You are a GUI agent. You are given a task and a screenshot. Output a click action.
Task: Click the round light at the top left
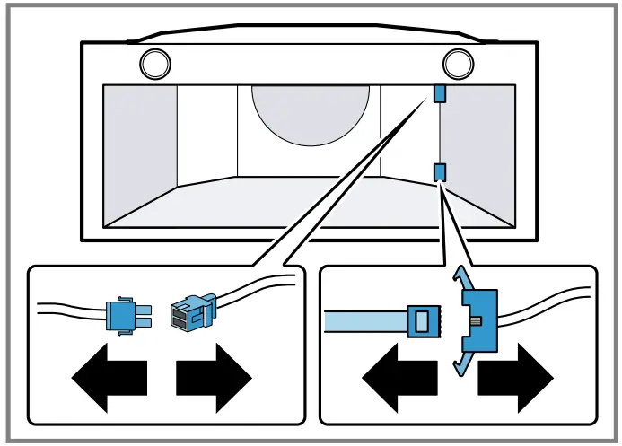tap(154, 63)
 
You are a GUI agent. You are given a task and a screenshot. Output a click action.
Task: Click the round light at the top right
tap(458, 63)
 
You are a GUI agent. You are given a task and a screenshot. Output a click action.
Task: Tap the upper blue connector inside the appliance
tap(440, 93)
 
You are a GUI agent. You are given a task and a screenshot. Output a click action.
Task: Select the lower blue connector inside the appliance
tap(440, 171)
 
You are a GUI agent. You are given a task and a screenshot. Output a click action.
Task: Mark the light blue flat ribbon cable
tap(364, 321)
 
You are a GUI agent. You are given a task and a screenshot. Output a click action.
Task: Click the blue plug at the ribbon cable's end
tap(423, 321)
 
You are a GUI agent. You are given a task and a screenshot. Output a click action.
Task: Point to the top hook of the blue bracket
tap(460, 275)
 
